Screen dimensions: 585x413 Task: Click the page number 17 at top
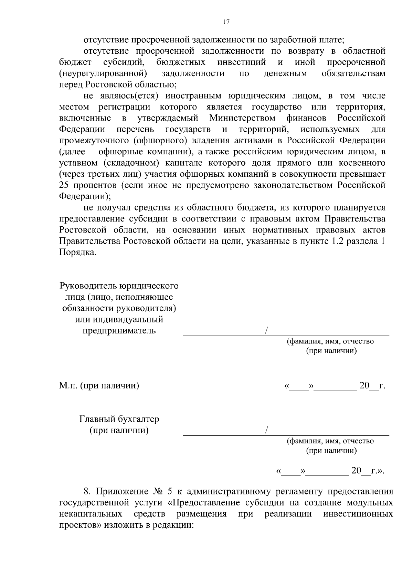click(x=226, y=22)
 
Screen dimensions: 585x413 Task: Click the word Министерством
click(x=242, y=118)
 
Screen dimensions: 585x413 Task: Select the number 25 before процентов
click(x=64, y=185)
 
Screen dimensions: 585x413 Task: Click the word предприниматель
click(x=119, y=331)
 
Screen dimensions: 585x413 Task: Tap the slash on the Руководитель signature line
click(x=267, y=331)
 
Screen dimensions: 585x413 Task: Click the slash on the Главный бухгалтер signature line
click(x=267, y=431)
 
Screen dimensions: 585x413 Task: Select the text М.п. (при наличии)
click(x=99, y=386)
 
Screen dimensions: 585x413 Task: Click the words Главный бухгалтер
click(x=119, y=419)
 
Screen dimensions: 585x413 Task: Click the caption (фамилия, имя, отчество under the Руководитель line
click(x=330, y=341)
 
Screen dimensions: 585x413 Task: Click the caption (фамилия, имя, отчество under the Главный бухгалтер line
click(x=330, y=441)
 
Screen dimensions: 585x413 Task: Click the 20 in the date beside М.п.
click(x=364, y=386)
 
